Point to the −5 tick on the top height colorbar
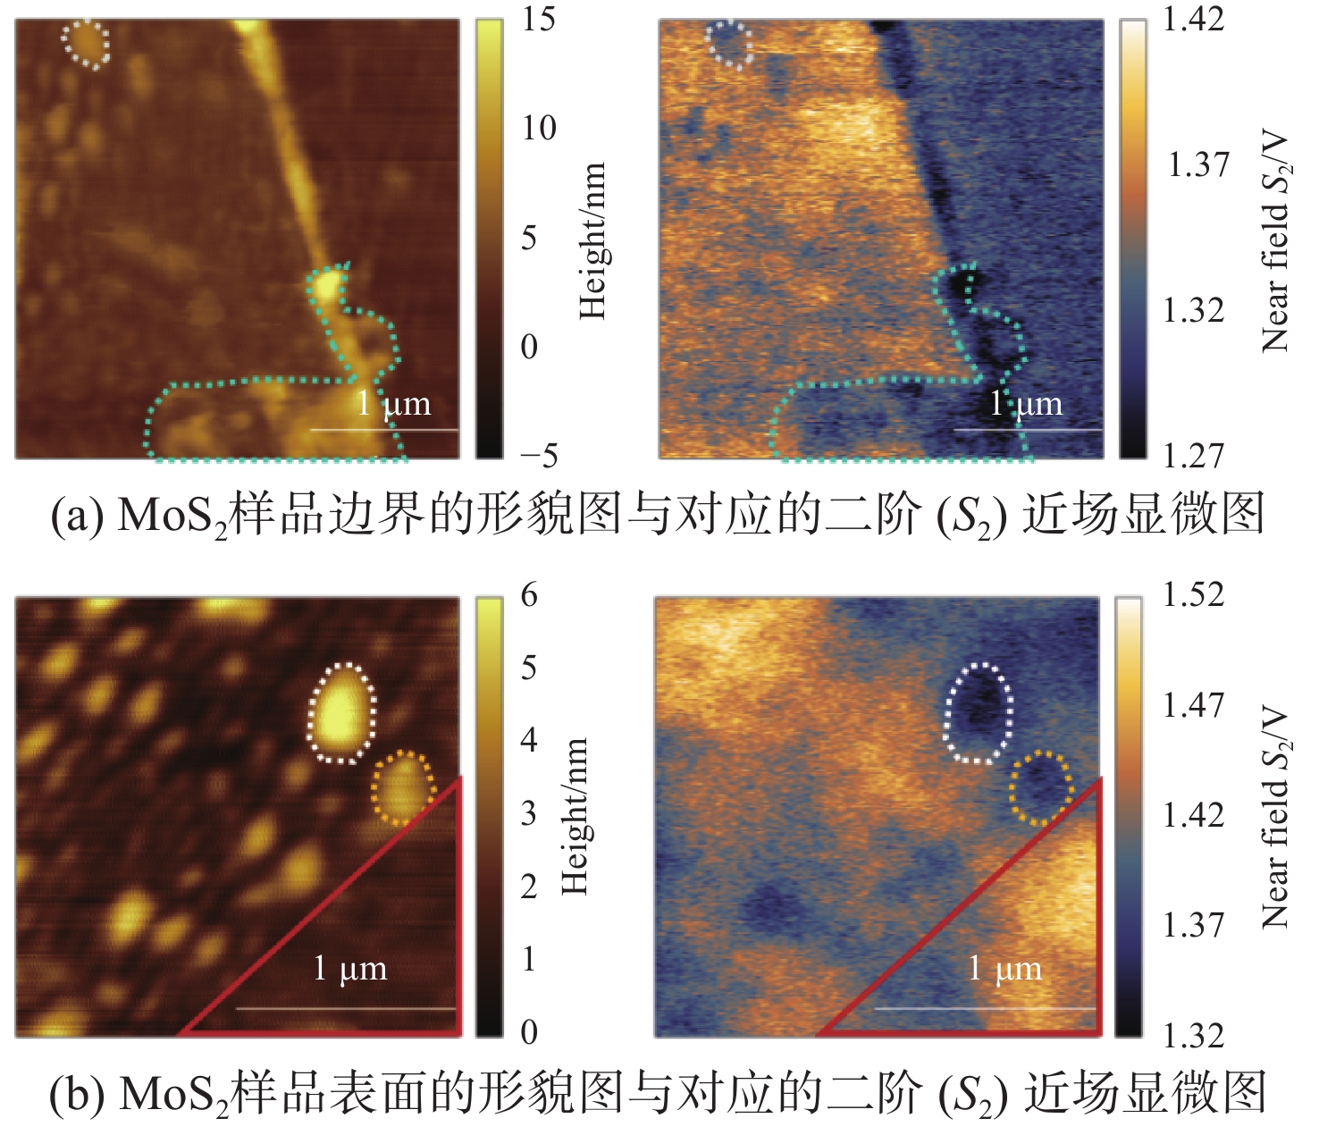point(539,456)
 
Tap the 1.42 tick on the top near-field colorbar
point(1193,19)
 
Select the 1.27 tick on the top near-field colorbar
point(1193,456)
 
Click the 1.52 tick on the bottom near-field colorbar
point(1193,594)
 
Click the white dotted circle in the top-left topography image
point(85,44)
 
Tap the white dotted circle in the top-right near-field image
point(728,44)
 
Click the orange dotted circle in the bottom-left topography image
point(403,787)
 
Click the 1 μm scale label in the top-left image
point(394,403)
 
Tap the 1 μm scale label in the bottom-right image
point(1005,969)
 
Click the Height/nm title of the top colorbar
point(593,240)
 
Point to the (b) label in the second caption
point(78,1095)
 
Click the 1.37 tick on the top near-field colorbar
point(1197,165)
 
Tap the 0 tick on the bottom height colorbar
point(529,1032)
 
